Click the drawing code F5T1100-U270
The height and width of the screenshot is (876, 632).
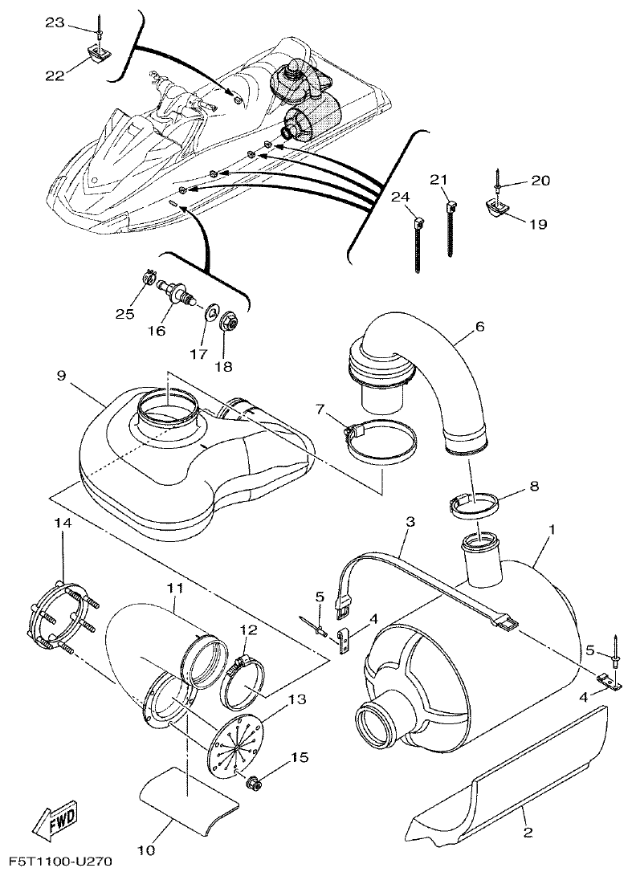click(x=55, y=862)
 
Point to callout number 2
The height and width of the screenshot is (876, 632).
click(x=528, y=833)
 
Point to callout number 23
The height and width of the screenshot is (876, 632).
click(x=54, y=23)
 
